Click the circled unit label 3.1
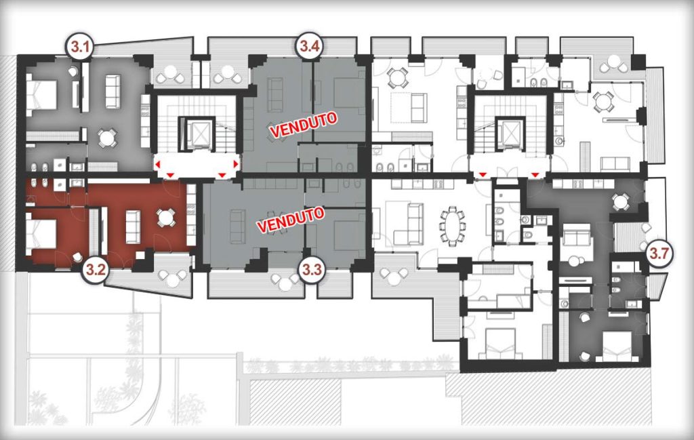point(79,46)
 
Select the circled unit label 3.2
point(96,270)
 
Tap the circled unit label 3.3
point(312,270)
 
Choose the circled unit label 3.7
point(660,254)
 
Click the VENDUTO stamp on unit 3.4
point(304,125)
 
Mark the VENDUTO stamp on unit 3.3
point(291,220)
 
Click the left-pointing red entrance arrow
point(157,165)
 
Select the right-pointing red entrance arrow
point(236,165)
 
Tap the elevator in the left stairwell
point(197,132)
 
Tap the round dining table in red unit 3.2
point(165,218)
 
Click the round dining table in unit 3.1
point(106,138)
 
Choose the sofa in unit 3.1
point(112,91)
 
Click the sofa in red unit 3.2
point(133,226)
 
